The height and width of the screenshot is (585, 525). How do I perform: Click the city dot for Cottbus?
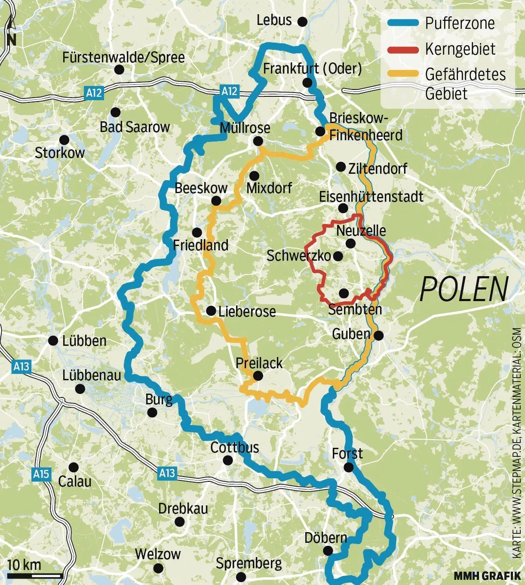tap(227, 461)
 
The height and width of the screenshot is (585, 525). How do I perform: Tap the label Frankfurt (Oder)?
tap(312, 69)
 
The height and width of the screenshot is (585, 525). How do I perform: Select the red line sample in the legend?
tap(403, 49)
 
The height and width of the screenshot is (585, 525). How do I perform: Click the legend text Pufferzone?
tap(460, 23)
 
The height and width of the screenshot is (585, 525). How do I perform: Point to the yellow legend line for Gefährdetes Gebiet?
tap(403, 74)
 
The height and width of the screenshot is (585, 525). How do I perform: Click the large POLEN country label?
tap(464, 289)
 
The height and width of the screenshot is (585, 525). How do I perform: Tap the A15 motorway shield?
tap(41, 474)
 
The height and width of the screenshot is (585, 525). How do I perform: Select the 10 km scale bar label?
tap(24, 565)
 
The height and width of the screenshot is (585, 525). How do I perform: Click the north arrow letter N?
tap(12, 40)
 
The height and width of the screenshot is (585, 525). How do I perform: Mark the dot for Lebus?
tap(303, 21)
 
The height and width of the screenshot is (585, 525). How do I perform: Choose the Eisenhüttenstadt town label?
tap(371, 197)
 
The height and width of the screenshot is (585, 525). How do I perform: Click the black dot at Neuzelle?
tap(350, 244)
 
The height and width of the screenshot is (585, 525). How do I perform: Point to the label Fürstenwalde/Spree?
tap(123, 58)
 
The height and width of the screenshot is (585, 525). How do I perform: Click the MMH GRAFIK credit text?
tap(487, 576)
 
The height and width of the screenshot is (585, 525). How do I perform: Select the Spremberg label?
tap(249, 563)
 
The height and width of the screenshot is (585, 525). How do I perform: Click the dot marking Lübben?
tap(53, 341)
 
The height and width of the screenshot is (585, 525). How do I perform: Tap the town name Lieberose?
tap(247, 311)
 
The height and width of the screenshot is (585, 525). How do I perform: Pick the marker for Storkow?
tap(64, 140)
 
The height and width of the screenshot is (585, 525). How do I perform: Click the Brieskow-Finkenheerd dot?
tap(320, 131)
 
